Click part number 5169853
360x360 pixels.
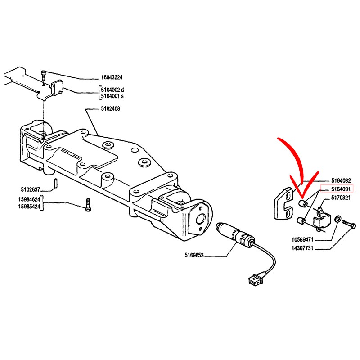(194, 255)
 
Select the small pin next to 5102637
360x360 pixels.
(54, 183)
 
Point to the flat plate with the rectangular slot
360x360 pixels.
(283, 203)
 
